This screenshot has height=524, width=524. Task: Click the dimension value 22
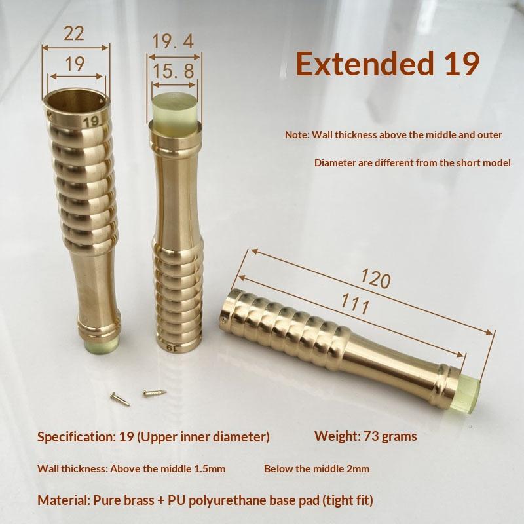(73, 33)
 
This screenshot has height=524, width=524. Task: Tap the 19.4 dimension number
(173, 41)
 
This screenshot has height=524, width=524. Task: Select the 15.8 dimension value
(174, 71)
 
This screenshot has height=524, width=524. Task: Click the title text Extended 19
(388, 63)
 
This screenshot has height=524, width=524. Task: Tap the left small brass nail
(120, 399)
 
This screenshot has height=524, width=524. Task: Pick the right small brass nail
(155, 392)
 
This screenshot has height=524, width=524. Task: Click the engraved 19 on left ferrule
(90, 122)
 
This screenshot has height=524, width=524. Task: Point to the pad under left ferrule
(100, 345)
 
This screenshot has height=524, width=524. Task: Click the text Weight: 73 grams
(365, 436)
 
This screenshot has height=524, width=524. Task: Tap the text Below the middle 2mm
(316, 468)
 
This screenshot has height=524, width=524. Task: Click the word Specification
(75, 437)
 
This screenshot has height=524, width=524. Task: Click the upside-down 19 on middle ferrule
(171, 348)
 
